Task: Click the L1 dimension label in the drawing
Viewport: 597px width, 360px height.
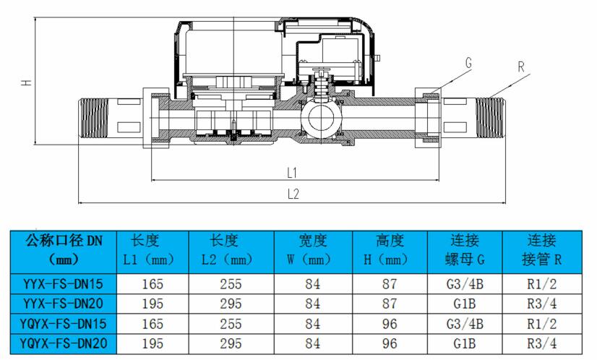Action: point(292,173)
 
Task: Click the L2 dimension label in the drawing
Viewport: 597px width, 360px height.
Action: point(293,194)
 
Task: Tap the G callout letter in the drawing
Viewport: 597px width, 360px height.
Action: point(468,62)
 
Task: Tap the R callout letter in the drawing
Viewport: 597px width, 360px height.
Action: point(521,67)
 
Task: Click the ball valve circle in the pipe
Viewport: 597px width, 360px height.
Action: point(322,119)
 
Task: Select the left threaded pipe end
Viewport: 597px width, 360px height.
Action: point(93,119)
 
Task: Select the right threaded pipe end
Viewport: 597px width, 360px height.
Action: point(490,118)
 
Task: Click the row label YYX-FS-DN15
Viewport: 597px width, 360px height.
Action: point(63,284)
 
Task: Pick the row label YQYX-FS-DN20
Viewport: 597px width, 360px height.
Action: point(63,343)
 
